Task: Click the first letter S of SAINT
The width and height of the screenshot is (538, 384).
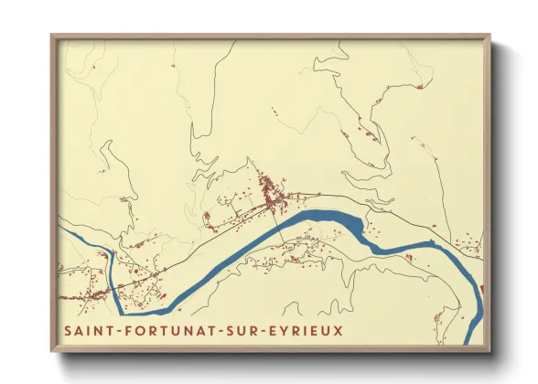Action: [67, 330]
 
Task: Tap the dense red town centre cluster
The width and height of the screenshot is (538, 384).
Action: [270, 192]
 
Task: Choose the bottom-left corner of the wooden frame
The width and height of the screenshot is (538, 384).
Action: [52, 352]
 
